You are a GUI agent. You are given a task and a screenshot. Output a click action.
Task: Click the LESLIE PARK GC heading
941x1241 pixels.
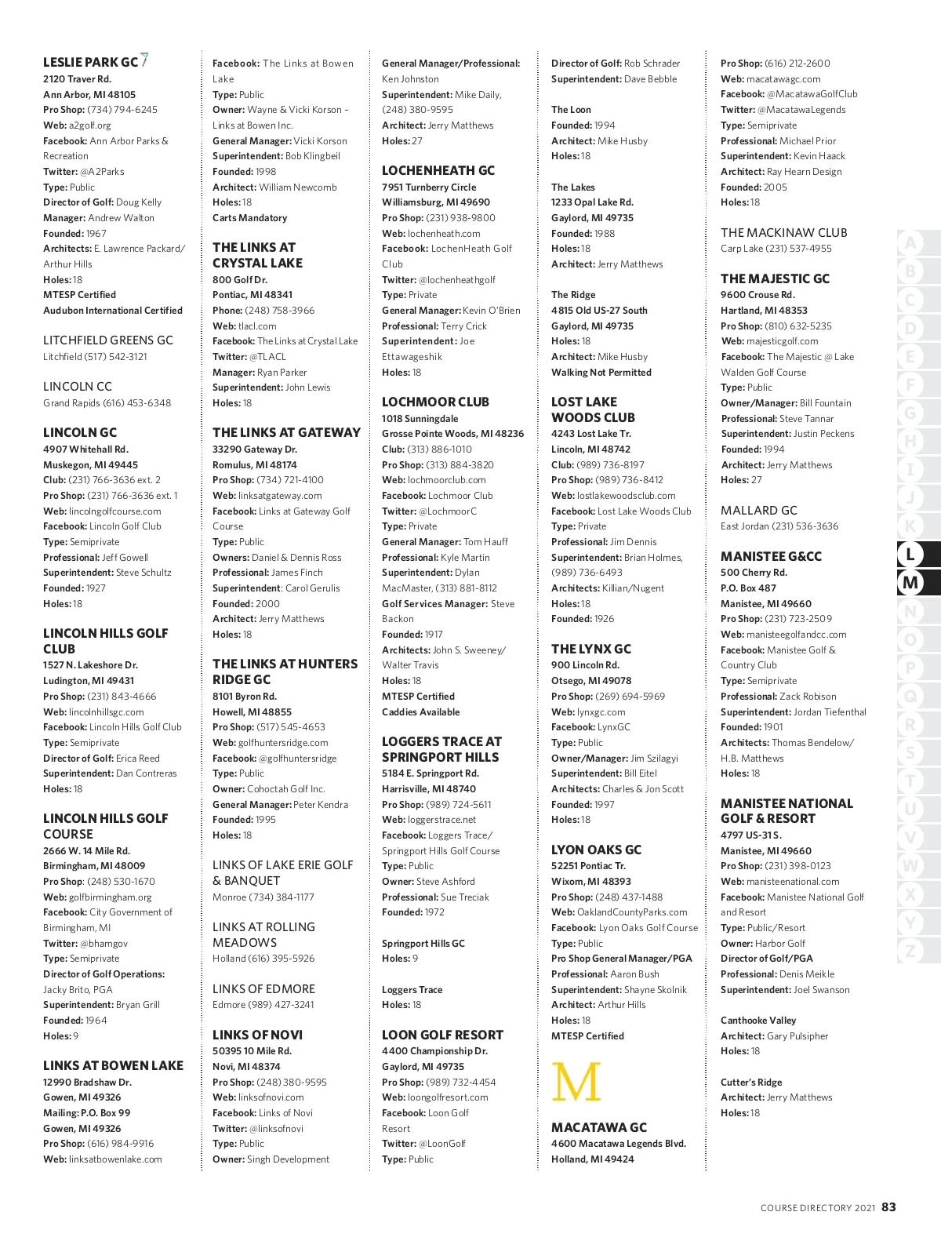pos(90,62)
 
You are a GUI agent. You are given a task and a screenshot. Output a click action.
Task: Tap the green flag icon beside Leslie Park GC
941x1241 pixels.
pos(144,60)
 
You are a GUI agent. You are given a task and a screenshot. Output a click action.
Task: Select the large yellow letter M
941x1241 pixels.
pos(576,1083)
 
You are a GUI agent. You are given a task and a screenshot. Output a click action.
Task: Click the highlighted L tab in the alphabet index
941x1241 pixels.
pos(910,555)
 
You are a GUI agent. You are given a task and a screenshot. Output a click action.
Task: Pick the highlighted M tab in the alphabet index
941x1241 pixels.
pos(910,583)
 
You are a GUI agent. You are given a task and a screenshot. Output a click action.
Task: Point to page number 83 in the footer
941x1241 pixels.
pos(888,1207)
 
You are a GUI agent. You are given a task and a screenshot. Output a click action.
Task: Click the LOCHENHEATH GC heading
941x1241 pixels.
pos(438,170)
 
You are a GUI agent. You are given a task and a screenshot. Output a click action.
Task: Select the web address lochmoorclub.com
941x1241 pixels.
pos(446,480)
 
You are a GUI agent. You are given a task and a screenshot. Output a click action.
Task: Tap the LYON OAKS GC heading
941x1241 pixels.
pos(596,850)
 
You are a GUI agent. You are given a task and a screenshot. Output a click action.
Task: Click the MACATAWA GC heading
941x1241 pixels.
pos(599,1127)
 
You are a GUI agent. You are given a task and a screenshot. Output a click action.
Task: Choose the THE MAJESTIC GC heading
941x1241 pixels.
pos(775,278)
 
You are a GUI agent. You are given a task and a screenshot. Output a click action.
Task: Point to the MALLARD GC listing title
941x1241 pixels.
pos(758,510)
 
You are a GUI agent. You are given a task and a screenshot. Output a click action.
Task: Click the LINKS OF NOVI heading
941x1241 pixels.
pos(257,1035)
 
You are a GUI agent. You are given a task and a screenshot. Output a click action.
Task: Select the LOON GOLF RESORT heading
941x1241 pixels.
pos(442,1035)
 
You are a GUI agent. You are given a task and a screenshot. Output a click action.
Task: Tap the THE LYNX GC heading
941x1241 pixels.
pos(590,649)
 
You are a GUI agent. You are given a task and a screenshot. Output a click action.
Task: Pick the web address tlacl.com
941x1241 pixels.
pos(257,326)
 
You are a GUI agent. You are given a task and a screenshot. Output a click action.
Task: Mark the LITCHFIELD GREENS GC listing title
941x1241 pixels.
pos(108,340)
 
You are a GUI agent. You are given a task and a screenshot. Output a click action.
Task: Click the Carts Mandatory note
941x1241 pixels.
pos(249,218)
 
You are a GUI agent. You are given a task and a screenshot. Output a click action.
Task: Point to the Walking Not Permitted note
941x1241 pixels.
pos(601,373)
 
